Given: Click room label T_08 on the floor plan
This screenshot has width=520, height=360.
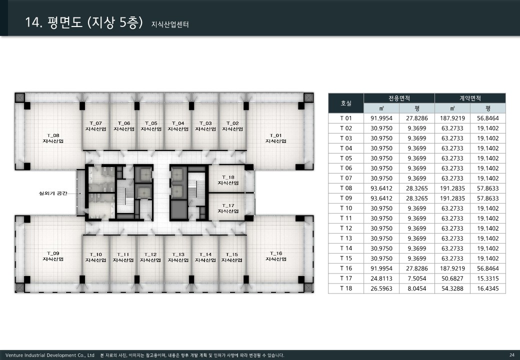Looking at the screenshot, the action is pyautogui.click(x=53, y=138).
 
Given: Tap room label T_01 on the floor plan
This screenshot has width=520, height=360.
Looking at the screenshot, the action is pyautogui.click(x=276, y=138).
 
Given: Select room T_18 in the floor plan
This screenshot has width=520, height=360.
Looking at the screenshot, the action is pyautogui.click(x=228, y=180).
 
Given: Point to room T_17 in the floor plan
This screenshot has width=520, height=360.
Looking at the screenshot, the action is pyautogui.click(x=228, y=208).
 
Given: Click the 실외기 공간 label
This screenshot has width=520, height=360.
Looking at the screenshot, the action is pyautogui.click(x=53, y=193).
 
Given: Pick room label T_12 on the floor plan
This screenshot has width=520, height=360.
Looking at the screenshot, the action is pyautogui.click(x=150, y=257).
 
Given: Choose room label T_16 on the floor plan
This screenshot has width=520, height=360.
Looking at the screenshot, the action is pyautogui.click(x=276, y=256).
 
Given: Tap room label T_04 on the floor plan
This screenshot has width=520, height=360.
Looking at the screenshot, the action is pyautogui.click(x=178, y=126).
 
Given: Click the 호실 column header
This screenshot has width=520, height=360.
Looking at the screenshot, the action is pyautogui.click(x=346, y=103).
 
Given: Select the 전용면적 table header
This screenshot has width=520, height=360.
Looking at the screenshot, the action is pyautogui.click(x=399, y=98).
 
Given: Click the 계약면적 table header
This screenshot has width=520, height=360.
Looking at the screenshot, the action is pyautogui.click(x=470, y=98).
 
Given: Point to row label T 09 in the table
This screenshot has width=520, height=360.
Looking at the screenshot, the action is pyautogui.click(x=346, y=198).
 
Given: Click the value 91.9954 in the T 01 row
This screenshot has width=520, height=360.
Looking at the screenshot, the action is pyautogui.click(x=381, y=118).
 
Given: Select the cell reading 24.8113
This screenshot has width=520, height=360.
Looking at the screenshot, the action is pyautogui.click(x=381, y=278).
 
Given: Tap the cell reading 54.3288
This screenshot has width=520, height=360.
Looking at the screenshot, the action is pyautogui.click(x=452, y=288).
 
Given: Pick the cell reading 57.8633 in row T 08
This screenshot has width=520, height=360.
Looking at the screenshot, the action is pyautogui.click(x=488, y=188).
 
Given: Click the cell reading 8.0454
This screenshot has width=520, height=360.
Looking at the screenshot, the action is pyautogui.click(x=417, y=288).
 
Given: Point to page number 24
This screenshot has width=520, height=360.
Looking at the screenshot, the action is pyautogui.click(x=511, y=355).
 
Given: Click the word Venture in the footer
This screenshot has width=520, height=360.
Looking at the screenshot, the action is pyautogui.click(x=14, y=355).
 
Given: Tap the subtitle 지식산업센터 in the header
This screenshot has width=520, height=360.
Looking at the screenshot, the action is pyautogui.click(x=170, y=24).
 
